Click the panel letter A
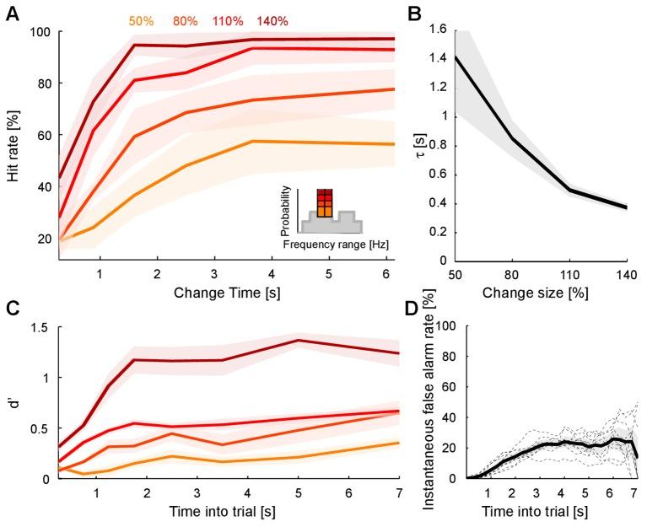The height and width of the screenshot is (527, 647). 12,13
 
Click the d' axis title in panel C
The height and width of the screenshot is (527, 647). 15,402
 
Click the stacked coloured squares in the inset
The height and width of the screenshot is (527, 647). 324,203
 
